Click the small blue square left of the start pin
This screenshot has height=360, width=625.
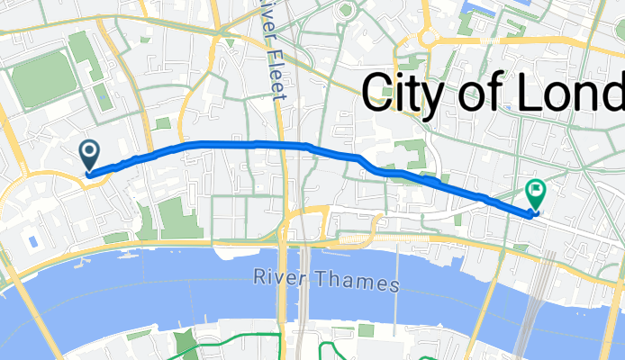click(33, 241)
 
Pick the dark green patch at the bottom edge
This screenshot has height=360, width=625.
click(186, 345)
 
